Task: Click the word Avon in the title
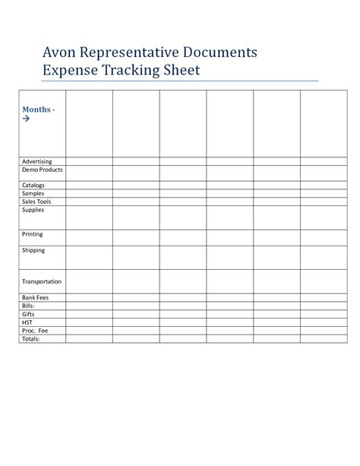[39, 53]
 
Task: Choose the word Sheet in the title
[180, 71]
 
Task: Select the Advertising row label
[37, 161]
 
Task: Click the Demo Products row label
[43, 170]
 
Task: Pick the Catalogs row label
[33, 185]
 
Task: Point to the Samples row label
[33, 193]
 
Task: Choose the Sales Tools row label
[36, 201]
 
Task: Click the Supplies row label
[33, 210]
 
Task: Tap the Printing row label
[33, 234]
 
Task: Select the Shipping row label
[33, 250]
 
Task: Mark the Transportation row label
[42, 281]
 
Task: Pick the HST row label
[27, 322]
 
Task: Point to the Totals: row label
[31, 339]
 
